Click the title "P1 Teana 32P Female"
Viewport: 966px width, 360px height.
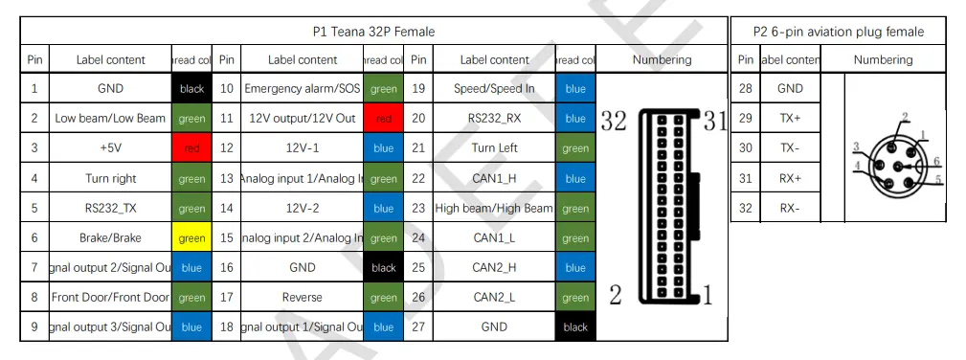pyautogui.click(x=373, y=32)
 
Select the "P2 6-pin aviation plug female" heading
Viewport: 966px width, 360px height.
pyautogui.click(x=838, y=32)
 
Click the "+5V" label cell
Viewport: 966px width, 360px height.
pyautogui.click(x=111, y=148)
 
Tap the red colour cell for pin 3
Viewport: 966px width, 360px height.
pyautogui.click(x=191, y=148)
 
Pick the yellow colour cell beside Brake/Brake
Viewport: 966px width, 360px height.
pyautogui.click(x=191, y=238)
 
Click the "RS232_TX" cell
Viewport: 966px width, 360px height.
pyautogui.click(x=111, y=208)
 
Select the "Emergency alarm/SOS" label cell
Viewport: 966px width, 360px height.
pyautogui.click(x=303, y=89)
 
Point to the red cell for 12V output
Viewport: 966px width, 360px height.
pyautogui.click(x=383, y=119)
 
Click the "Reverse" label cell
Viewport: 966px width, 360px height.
pyautogui.click(x=303, y=298)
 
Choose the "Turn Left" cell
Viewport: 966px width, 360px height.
pyautogui.click(x=494, y=148)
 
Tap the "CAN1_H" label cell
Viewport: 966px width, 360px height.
pyautogui.click(x=494, y=178)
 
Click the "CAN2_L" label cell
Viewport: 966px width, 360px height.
pyautogui.click(x=494, y=298)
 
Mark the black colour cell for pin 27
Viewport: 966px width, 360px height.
pyautogui.click(x=575, y=327)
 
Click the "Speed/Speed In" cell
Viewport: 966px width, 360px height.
pyautogui.click(x=494, y=89)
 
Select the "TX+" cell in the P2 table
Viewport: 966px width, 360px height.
pyautogui.click(x=790, y=119)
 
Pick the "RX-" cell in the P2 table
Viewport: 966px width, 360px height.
pyautogui.click(x=790, y=208)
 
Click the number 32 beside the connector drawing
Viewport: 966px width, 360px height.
pyautogui.click(x=614, y=122)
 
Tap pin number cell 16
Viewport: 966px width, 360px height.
pyautogui.click(x=226, y=268)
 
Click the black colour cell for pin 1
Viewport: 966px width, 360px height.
pyautogui.click(x=191, y=89)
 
